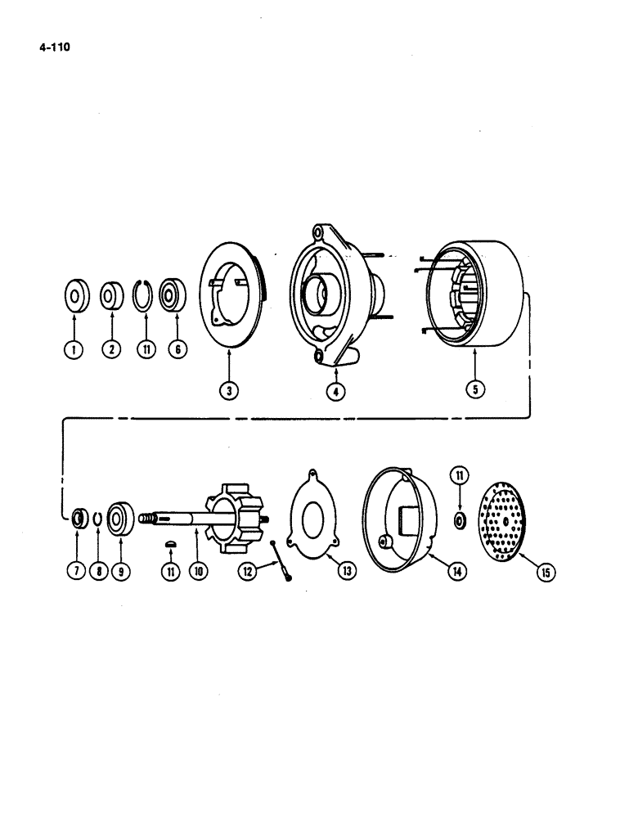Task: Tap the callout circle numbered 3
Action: tap(231, 391)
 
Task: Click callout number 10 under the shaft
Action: tap(196, 571)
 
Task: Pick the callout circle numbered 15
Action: tap(544, 573)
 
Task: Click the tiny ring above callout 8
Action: tap(97, 518)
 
